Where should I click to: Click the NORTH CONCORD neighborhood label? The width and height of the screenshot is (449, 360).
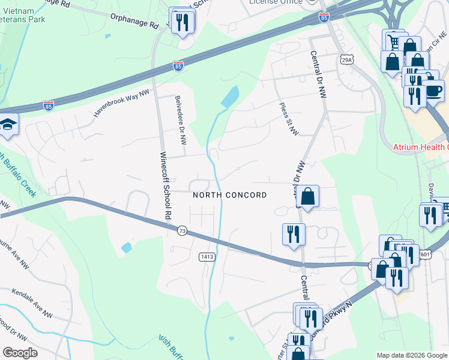coord(229,195)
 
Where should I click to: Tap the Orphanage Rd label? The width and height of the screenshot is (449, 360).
coord(134,22)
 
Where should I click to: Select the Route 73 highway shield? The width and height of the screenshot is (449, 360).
coord(181,230)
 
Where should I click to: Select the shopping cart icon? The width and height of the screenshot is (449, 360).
coord(393,40)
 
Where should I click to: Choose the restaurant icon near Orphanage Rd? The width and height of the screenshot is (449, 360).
coord(181,22)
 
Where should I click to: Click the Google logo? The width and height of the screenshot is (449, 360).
coord(20,352)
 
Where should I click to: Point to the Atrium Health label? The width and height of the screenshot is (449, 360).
coord(420,147)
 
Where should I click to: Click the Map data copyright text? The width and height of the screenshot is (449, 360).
coord(411,355)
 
